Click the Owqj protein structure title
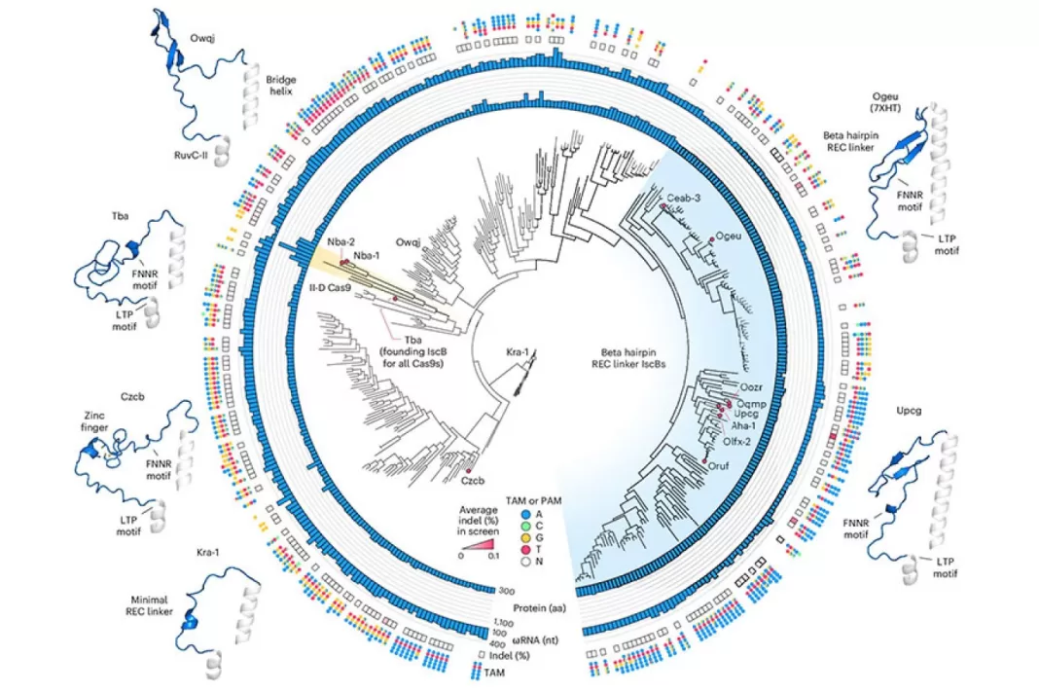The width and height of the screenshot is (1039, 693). coord(202,39)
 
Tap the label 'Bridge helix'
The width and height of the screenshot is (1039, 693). coord(281,85)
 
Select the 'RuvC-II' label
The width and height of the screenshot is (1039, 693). coord(191,157)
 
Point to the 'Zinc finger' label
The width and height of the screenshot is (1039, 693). coord(94,421)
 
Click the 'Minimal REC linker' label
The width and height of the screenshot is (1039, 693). coord(149,605)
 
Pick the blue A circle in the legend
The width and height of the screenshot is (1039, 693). coord(526,514)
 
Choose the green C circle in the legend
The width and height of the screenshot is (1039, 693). coord(526,526)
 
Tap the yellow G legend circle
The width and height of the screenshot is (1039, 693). coord(526,538)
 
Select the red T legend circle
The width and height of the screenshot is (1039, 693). coord(526,550)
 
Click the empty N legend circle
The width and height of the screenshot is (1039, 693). coord(526,562)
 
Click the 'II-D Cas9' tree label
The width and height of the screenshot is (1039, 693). coord(330,288)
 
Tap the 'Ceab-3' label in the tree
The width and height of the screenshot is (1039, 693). coord(683,198)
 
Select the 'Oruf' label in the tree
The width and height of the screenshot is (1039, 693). coord(718,465)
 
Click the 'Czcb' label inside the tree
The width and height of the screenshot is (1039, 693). coord(473,481)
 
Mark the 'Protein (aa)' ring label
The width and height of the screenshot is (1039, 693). coord(539,608)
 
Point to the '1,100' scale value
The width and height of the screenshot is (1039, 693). coord(503,623)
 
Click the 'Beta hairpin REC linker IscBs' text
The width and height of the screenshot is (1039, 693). coord(628,358)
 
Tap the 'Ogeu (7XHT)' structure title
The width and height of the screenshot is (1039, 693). coord(886,102)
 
